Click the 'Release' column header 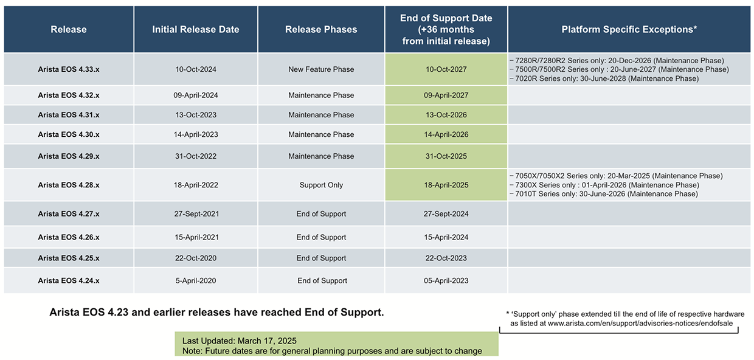tap(69, 29)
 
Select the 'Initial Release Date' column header tap(196, 29)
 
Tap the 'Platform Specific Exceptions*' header tap(629, 29)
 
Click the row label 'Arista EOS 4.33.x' tap(69, 69)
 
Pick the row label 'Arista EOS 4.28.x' tap(69, 185)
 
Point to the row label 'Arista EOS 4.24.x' tap(69, 280)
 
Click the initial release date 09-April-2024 tap(196, 95)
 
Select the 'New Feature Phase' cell tap(321, 69)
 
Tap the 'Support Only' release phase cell tap(321, 185)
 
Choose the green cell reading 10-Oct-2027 tap(446, 69)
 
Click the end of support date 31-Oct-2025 tap(446, 156)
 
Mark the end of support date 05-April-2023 tap(446, 280)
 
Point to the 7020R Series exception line tap(604, 78)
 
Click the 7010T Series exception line tap(604, 194)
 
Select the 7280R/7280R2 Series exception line tap(617, 61)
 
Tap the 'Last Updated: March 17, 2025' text tap(240, 341)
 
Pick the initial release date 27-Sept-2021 tap(196, 214)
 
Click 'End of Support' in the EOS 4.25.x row tap(321, 258)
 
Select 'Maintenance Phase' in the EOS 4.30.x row tap(321, 134)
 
